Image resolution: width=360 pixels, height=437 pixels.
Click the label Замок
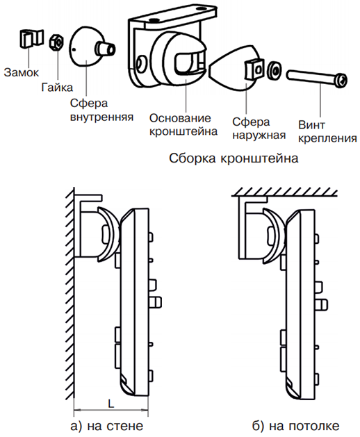point(22,72)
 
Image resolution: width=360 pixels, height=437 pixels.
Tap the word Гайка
point(57,88)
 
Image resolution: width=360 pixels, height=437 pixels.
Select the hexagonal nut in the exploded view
point(56,42)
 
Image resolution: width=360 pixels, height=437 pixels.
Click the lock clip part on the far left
point(31,38)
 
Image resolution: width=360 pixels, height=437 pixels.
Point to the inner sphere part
point(90,47)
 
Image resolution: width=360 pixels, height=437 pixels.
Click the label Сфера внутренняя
point(101,110)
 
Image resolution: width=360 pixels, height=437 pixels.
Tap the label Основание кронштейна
point(183,124)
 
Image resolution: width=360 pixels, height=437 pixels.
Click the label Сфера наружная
point(259,129)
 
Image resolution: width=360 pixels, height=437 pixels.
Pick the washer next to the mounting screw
point(275,70)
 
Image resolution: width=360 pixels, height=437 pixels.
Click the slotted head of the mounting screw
point(342,81)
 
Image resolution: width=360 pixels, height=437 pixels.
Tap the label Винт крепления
point(327,131)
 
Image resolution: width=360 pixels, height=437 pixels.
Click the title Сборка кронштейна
point(234,158)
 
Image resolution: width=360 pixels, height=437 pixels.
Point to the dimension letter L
point(111,403)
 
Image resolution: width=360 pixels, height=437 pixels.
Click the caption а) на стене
point(107,426)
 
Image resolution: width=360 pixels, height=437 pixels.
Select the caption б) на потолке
point(296,426)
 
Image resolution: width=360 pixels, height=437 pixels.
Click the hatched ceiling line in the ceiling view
point(284,193)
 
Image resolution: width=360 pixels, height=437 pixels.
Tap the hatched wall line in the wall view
point(71,292)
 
